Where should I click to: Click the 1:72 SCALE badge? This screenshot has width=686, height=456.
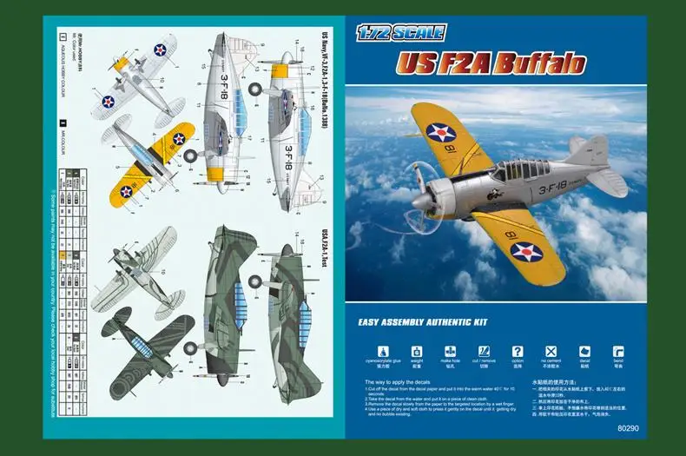(x=400, y=33)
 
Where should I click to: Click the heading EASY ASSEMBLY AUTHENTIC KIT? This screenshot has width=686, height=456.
(x=423, y=321)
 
